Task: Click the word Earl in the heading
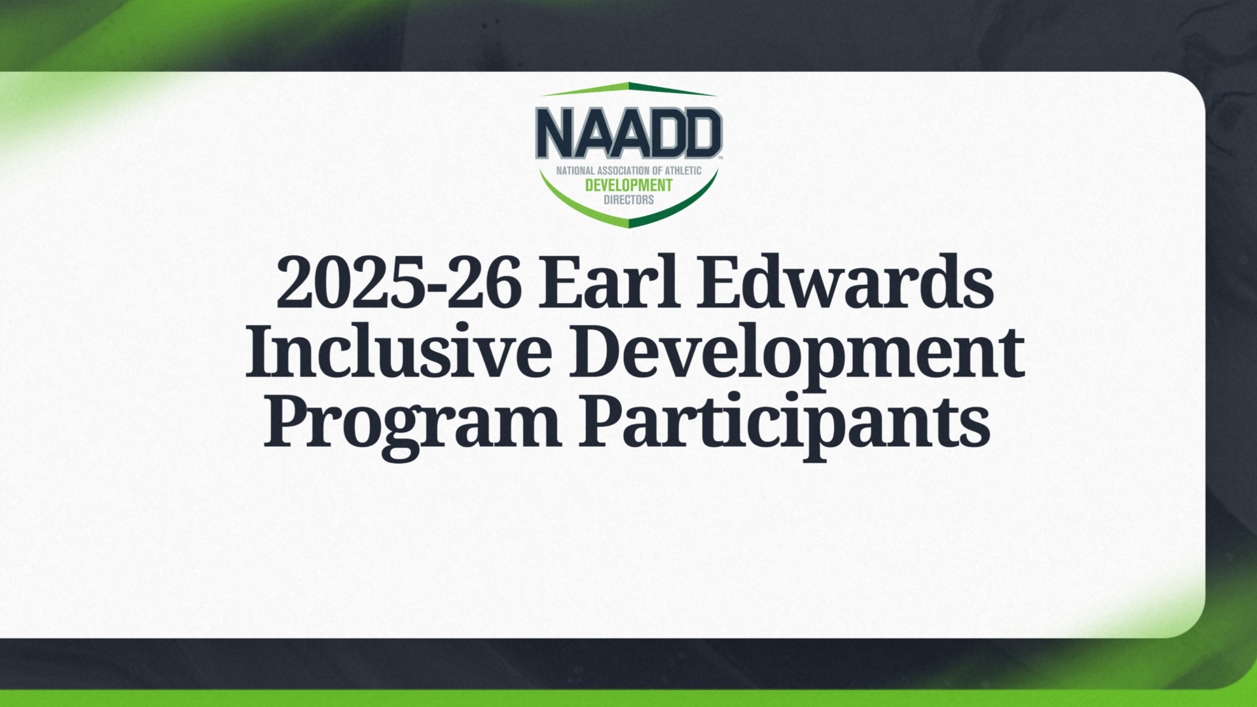609,283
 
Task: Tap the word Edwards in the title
845,283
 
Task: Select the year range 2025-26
399,283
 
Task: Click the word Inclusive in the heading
399,352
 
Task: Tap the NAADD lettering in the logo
628,134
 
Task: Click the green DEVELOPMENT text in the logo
628,185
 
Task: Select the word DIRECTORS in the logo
628,200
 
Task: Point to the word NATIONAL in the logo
575,171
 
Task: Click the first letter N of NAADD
555,134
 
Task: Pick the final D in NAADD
702,134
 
